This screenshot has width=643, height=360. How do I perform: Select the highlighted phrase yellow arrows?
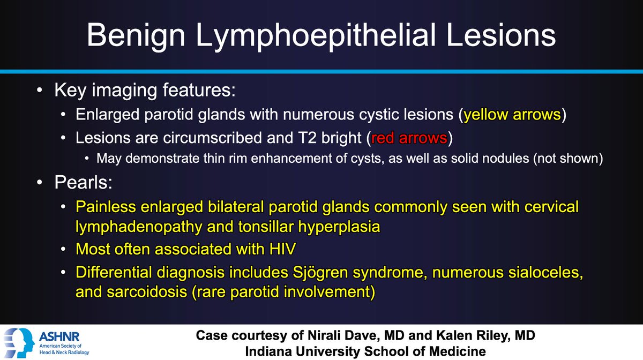[x=512, y=116]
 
